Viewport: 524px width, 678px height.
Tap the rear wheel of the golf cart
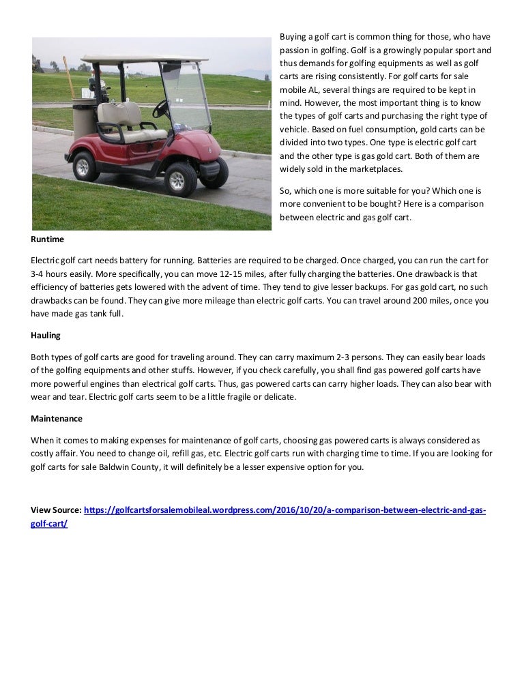(x=85, y=166)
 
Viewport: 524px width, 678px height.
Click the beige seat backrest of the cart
(x=119, y=113)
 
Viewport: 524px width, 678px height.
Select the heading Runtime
(x=47, y=239)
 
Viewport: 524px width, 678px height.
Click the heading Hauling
(x=46, y=336)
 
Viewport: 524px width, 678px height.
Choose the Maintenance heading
(x=57, y=418)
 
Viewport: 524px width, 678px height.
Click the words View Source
(x=56, y=510)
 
